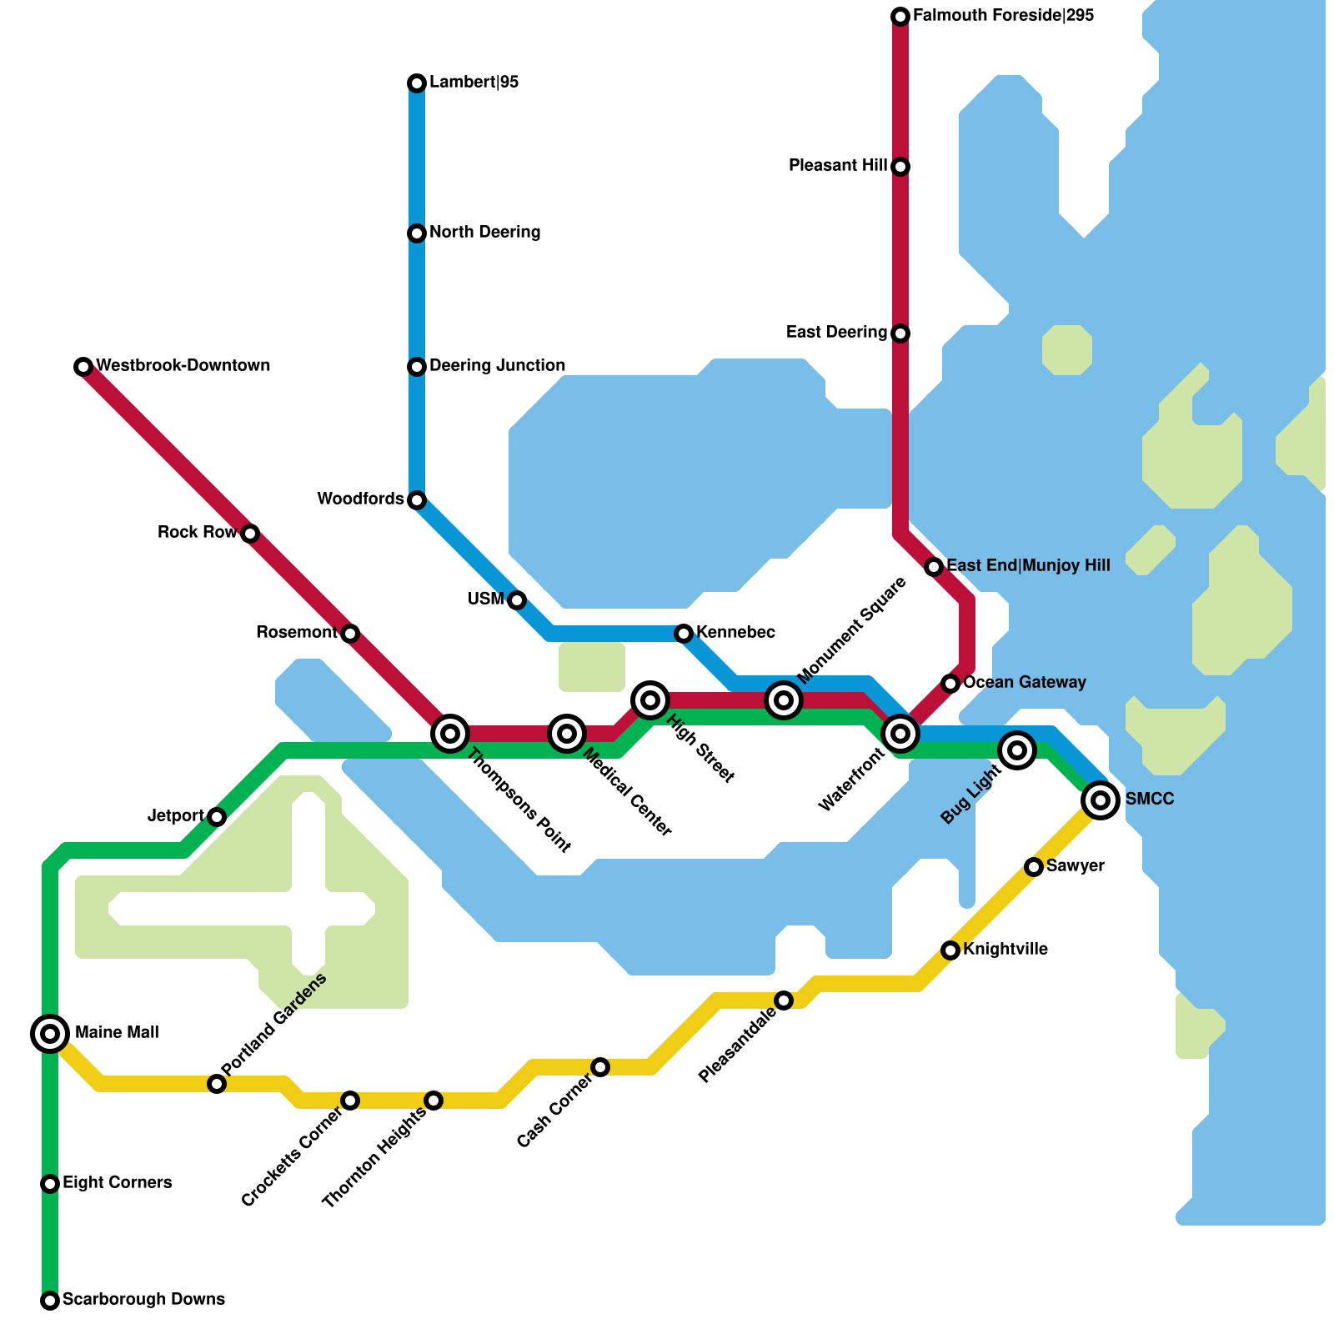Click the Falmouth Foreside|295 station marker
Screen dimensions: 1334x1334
click(900, 17)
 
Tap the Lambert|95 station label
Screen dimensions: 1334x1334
click(474, 83)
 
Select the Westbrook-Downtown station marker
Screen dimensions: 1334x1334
click(83, 367)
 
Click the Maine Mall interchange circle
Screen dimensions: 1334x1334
click(50, 1034)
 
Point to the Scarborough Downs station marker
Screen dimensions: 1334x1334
click(50, 1301)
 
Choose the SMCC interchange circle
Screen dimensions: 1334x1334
click(1101, 800)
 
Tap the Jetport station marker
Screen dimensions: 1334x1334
click(217, 817)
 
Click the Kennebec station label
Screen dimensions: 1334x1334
click(735, 633)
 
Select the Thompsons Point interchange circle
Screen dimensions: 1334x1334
click(450, 734)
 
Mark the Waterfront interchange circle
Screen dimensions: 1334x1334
click(900, 734)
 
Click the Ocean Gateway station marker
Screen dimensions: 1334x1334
click(950, 684)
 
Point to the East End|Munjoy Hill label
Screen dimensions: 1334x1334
click(1028, 566)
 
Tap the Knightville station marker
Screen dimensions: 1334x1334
click(950, 950)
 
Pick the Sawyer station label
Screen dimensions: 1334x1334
click(1075, 866)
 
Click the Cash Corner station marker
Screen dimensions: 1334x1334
click(600, 1067)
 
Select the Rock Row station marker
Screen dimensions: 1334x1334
click(250, 534)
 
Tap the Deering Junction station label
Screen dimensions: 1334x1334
click(497, 366)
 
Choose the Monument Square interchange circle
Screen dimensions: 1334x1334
click(784, 700)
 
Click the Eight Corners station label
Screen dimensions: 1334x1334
click(117, 1183)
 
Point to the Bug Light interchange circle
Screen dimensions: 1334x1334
click(1017, 750)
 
